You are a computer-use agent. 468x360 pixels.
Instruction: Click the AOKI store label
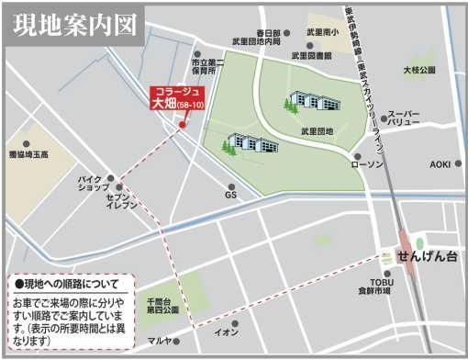click(x=440, y=164)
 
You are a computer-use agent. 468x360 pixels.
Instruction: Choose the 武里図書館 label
click(x=310, y=55)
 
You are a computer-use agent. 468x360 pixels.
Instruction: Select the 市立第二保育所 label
click(x=209, y=65)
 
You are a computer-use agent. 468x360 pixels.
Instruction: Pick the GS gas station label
click(x=231, y=195)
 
